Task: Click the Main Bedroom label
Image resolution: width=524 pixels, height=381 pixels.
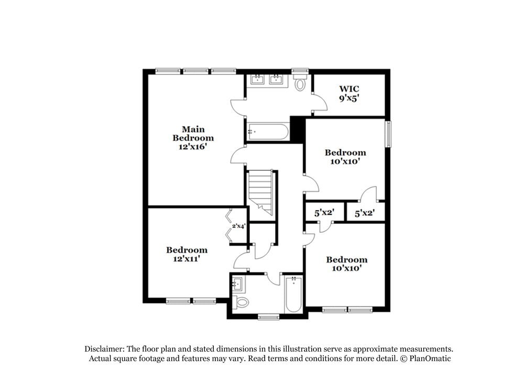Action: point(193,138)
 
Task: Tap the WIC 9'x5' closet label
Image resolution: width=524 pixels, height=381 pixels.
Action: point(349,93)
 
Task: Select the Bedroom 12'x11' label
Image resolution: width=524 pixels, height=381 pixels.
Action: point(187,254)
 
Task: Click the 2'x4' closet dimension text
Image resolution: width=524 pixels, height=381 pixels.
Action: point(239,226)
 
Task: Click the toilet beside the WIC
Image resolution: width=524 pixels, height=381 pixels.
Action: point(300,83)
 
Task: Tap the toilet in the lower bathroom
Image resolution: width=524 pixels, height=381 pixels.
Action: point(241,302)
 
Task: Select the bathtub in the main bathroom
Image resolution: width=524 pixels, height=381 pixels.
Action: point(268,132)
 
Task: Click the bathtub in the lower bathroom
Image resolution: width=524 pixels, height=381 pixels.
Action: point(293,294)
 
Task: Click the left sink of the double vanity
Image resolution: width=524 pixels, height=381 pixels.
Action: point(258,80)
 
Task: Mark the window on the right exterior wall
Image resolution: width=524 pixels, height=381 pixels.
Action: point(388,134)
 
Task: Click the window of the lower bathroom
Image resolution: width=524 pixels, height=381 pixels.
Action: point(268,317)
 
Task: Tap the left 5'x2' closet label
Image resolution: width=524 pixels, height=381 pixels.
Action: point(324,213)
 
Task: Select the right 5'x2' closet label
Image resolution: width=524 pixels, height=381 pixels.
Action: point(365,213)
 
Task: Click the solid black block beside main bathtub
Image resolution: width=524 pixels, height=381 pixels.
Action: point(297,129)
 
